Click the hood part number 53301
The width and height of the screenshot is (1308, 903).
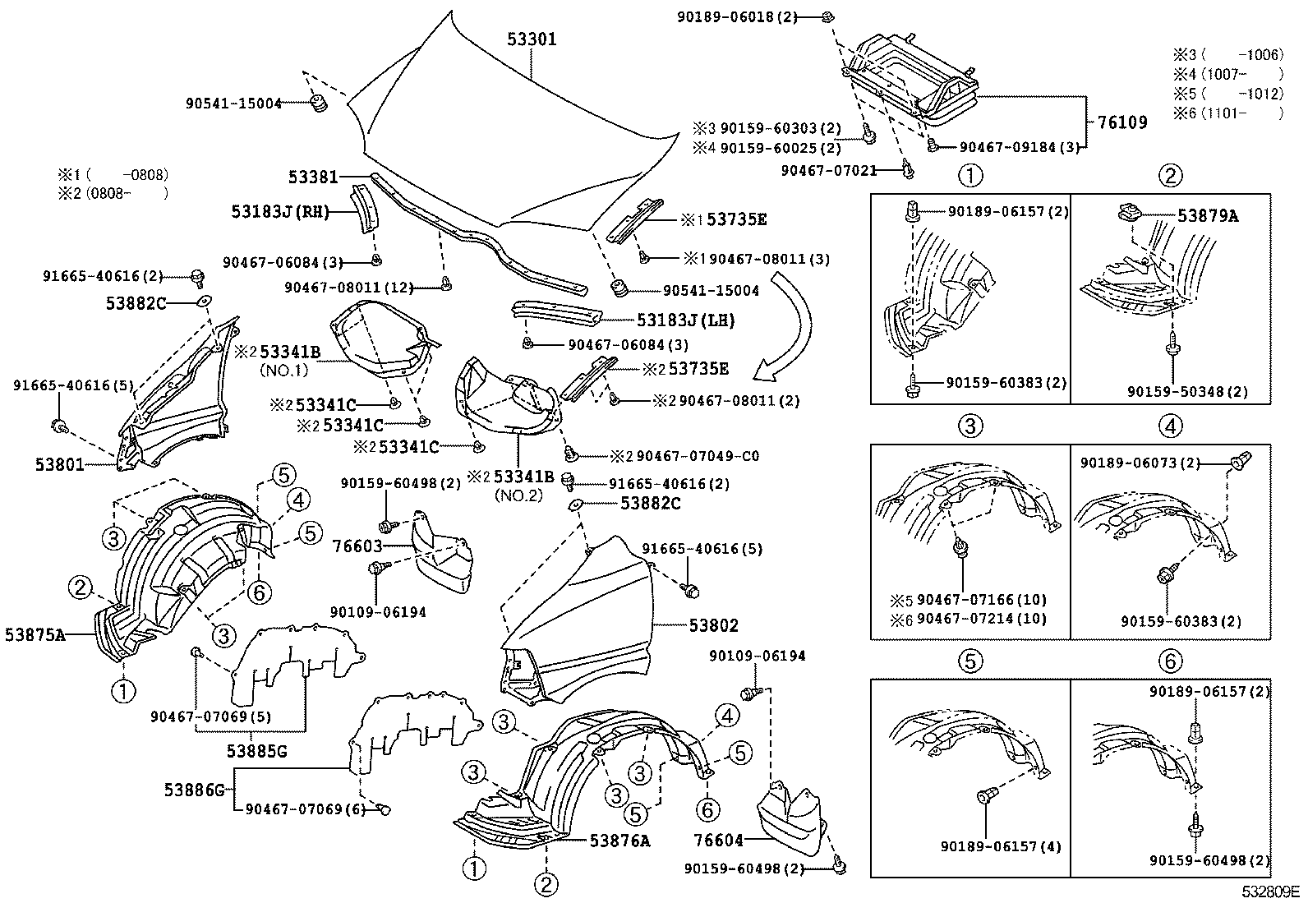click(532, 39)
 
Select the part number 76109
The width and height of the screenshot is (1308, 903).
click(1122, 122)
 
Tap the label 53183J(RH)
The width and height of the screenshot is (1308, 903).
click(280, 212)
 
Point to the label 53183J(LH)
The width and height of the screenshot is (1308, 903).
click(685, 320)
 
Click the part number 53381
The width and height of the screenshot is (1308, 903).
click(313, 177)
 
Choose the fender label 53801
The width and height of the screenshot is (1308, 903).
click(59, 464)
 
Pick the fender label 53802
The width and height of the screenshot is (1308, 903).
click(713, 626)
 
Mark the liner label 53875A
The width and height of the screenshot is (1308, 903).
click(35, 633)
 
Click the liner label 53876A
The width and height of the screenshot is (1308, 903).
click(619, 840)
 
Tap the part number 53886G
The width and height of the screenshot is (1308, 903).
click(194, 790)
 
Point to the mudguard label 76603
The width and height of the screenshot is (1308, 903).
click(357, 545)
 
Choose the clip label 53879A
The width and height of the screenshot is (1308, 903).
click(1207, 216)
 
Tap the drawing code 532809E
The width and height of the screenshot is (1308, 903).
click(1271, 891)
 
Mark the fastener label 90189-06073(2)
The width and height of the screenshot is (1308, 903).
click(1139, 464)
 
